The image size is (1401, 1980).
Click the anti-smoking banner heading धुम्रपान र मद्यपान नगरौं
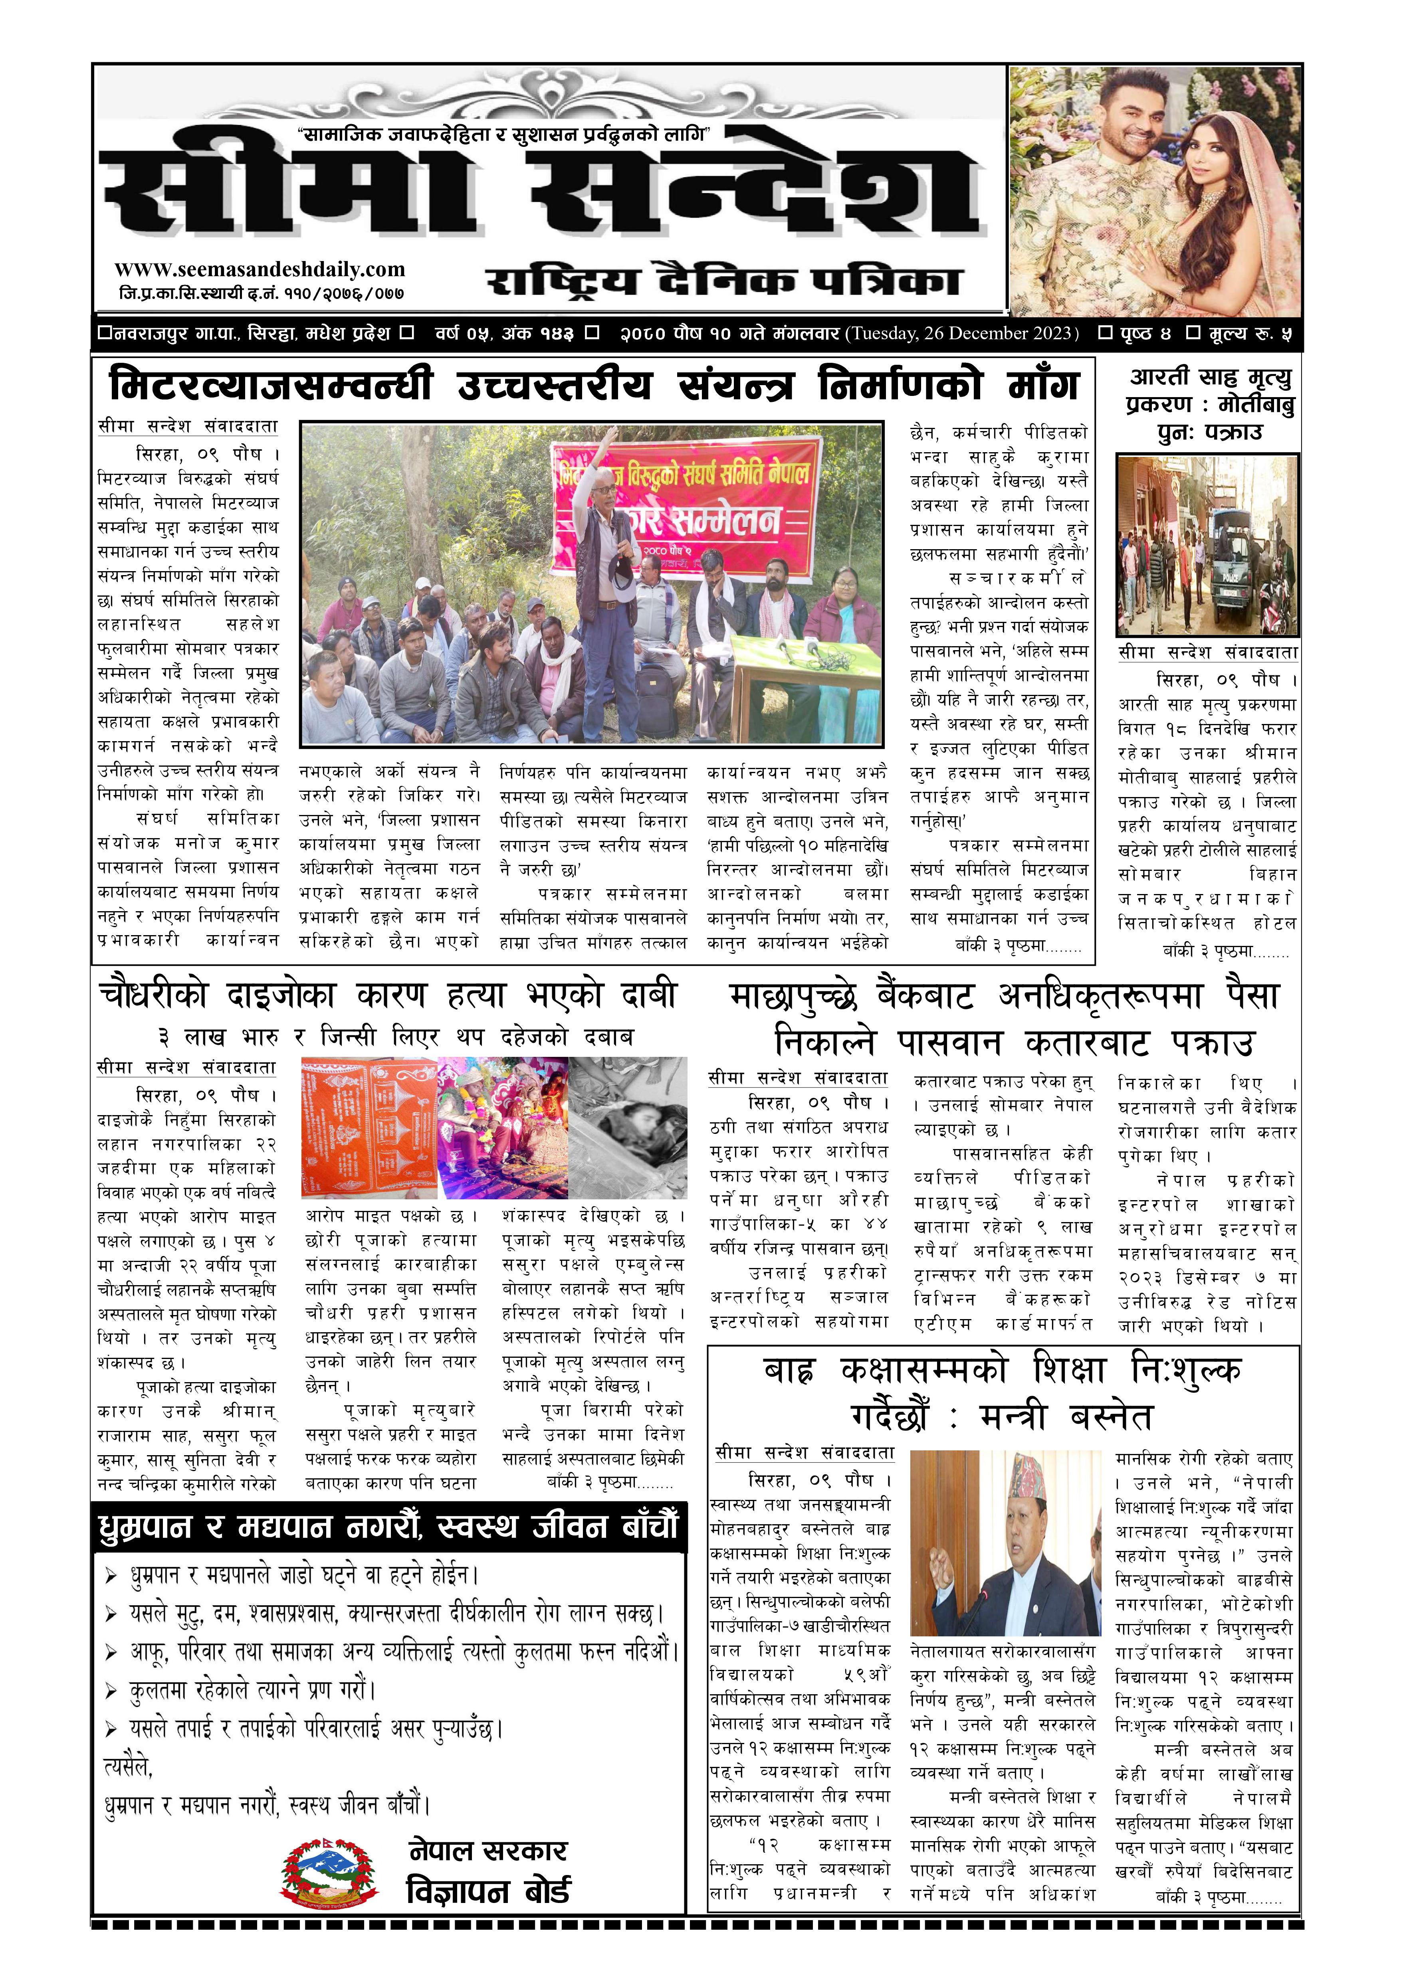[388, 1527]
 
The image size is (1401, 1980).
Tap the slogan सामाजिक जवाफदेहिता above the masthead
[502, 135]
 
